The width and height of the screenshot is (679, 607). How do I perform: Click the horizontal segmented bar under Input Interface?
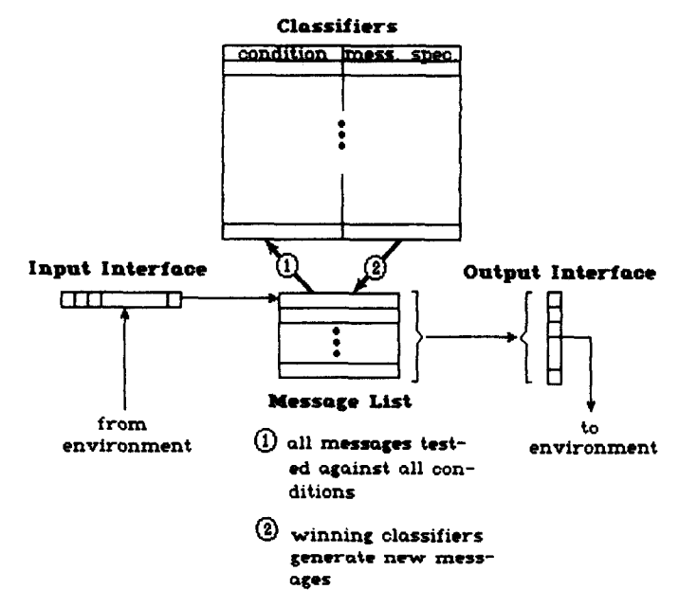click(119, 302)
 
